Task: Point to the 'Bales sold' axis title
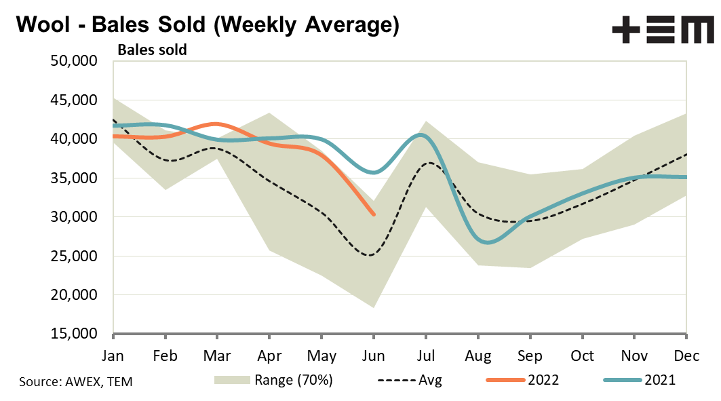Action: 153,50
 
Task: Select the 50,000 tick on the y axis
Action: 74,61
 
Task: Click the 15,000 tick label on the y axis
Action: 74,335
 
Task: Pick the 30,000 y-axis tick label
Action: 74,217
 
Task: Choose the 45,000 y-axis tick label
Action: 74,100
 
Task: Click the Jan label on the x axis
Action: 113,355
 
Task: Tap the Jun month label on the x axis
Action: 373,355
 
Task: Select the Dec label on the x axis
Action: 686,355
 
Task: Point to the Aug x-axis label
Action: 478,355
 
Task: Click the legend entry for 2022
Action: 522,380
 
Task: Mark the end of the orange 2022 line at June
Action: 373,214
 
